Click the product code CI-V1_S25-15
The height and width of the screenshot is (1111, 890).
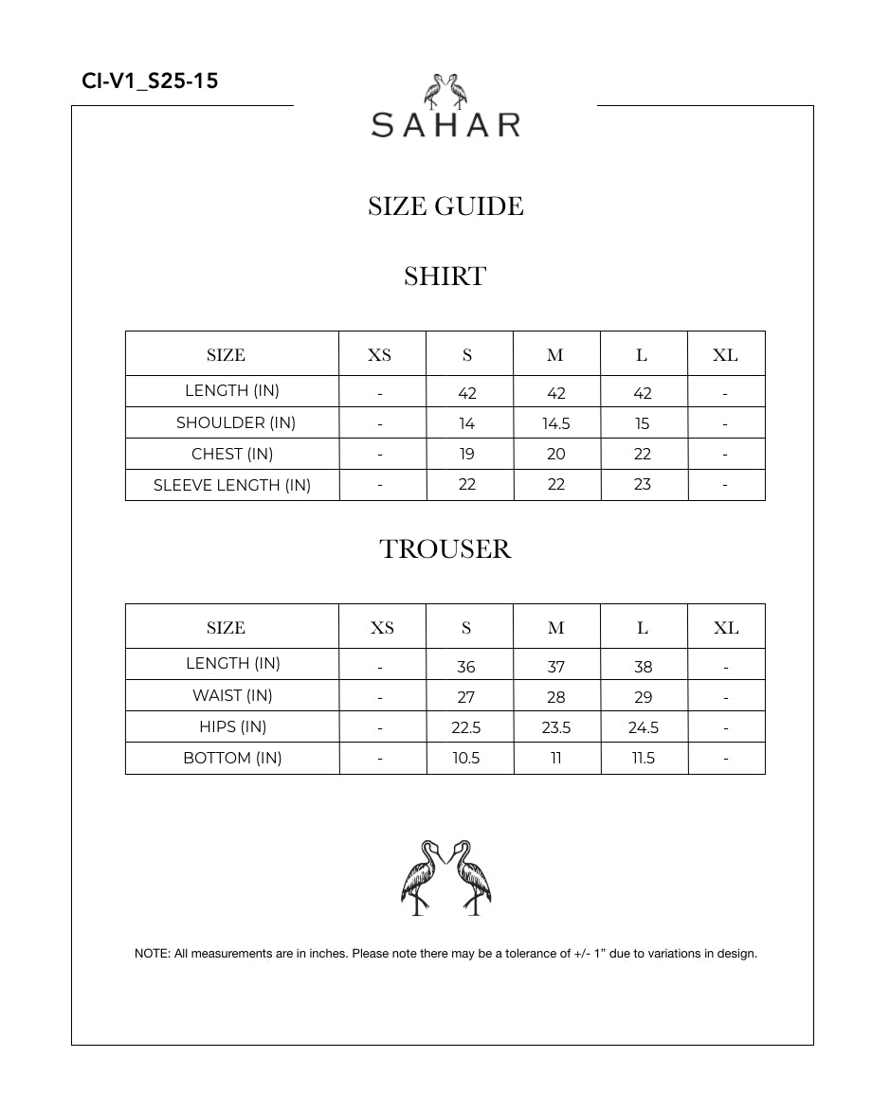[150, 81]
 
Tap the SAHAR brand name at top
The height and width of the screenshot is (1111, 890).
[445, 125]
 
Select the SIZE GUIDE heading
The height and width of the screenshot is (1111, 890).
[445, 206]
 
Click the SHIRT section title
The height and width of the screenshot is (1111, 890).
[445, 277]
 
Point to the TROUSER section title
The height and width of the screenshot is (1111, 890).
[445, 549]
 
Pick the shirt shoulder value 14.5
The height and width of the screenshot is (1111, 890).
[556, 423]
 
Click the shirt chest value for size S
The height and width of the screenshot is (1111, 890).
[467, 455]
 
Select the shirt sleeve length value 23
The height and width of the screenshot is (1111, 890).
[643, 485]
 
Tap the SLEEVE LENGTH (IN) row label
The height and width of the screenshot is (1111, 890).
[232, 485]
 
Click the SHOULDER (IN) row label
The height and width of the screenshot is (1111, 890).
[236, 422]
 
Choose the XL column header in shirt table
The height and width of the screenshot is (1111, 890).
[725, 355]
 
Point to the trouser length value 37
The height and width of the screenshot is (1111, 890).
[556, 667]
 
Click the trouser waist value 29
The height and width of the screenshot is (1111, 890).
[644, 697]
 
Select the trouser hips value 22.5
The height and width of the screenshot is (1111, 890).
[466, 727]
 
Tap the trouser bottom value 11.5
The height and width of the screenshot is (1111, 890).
[644, 759]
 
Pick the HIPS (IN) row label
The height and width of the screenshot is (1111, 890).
[232, 726]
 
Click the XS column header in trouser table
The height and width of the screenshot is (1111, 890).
[382, 628]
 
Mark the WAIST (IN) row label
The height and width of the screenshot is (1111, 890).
[232, 695]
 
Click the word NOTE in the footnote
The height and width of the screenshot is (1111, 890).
[151, 954]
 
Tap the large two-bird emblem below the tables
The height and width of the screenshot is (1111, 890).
[445, 877]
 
